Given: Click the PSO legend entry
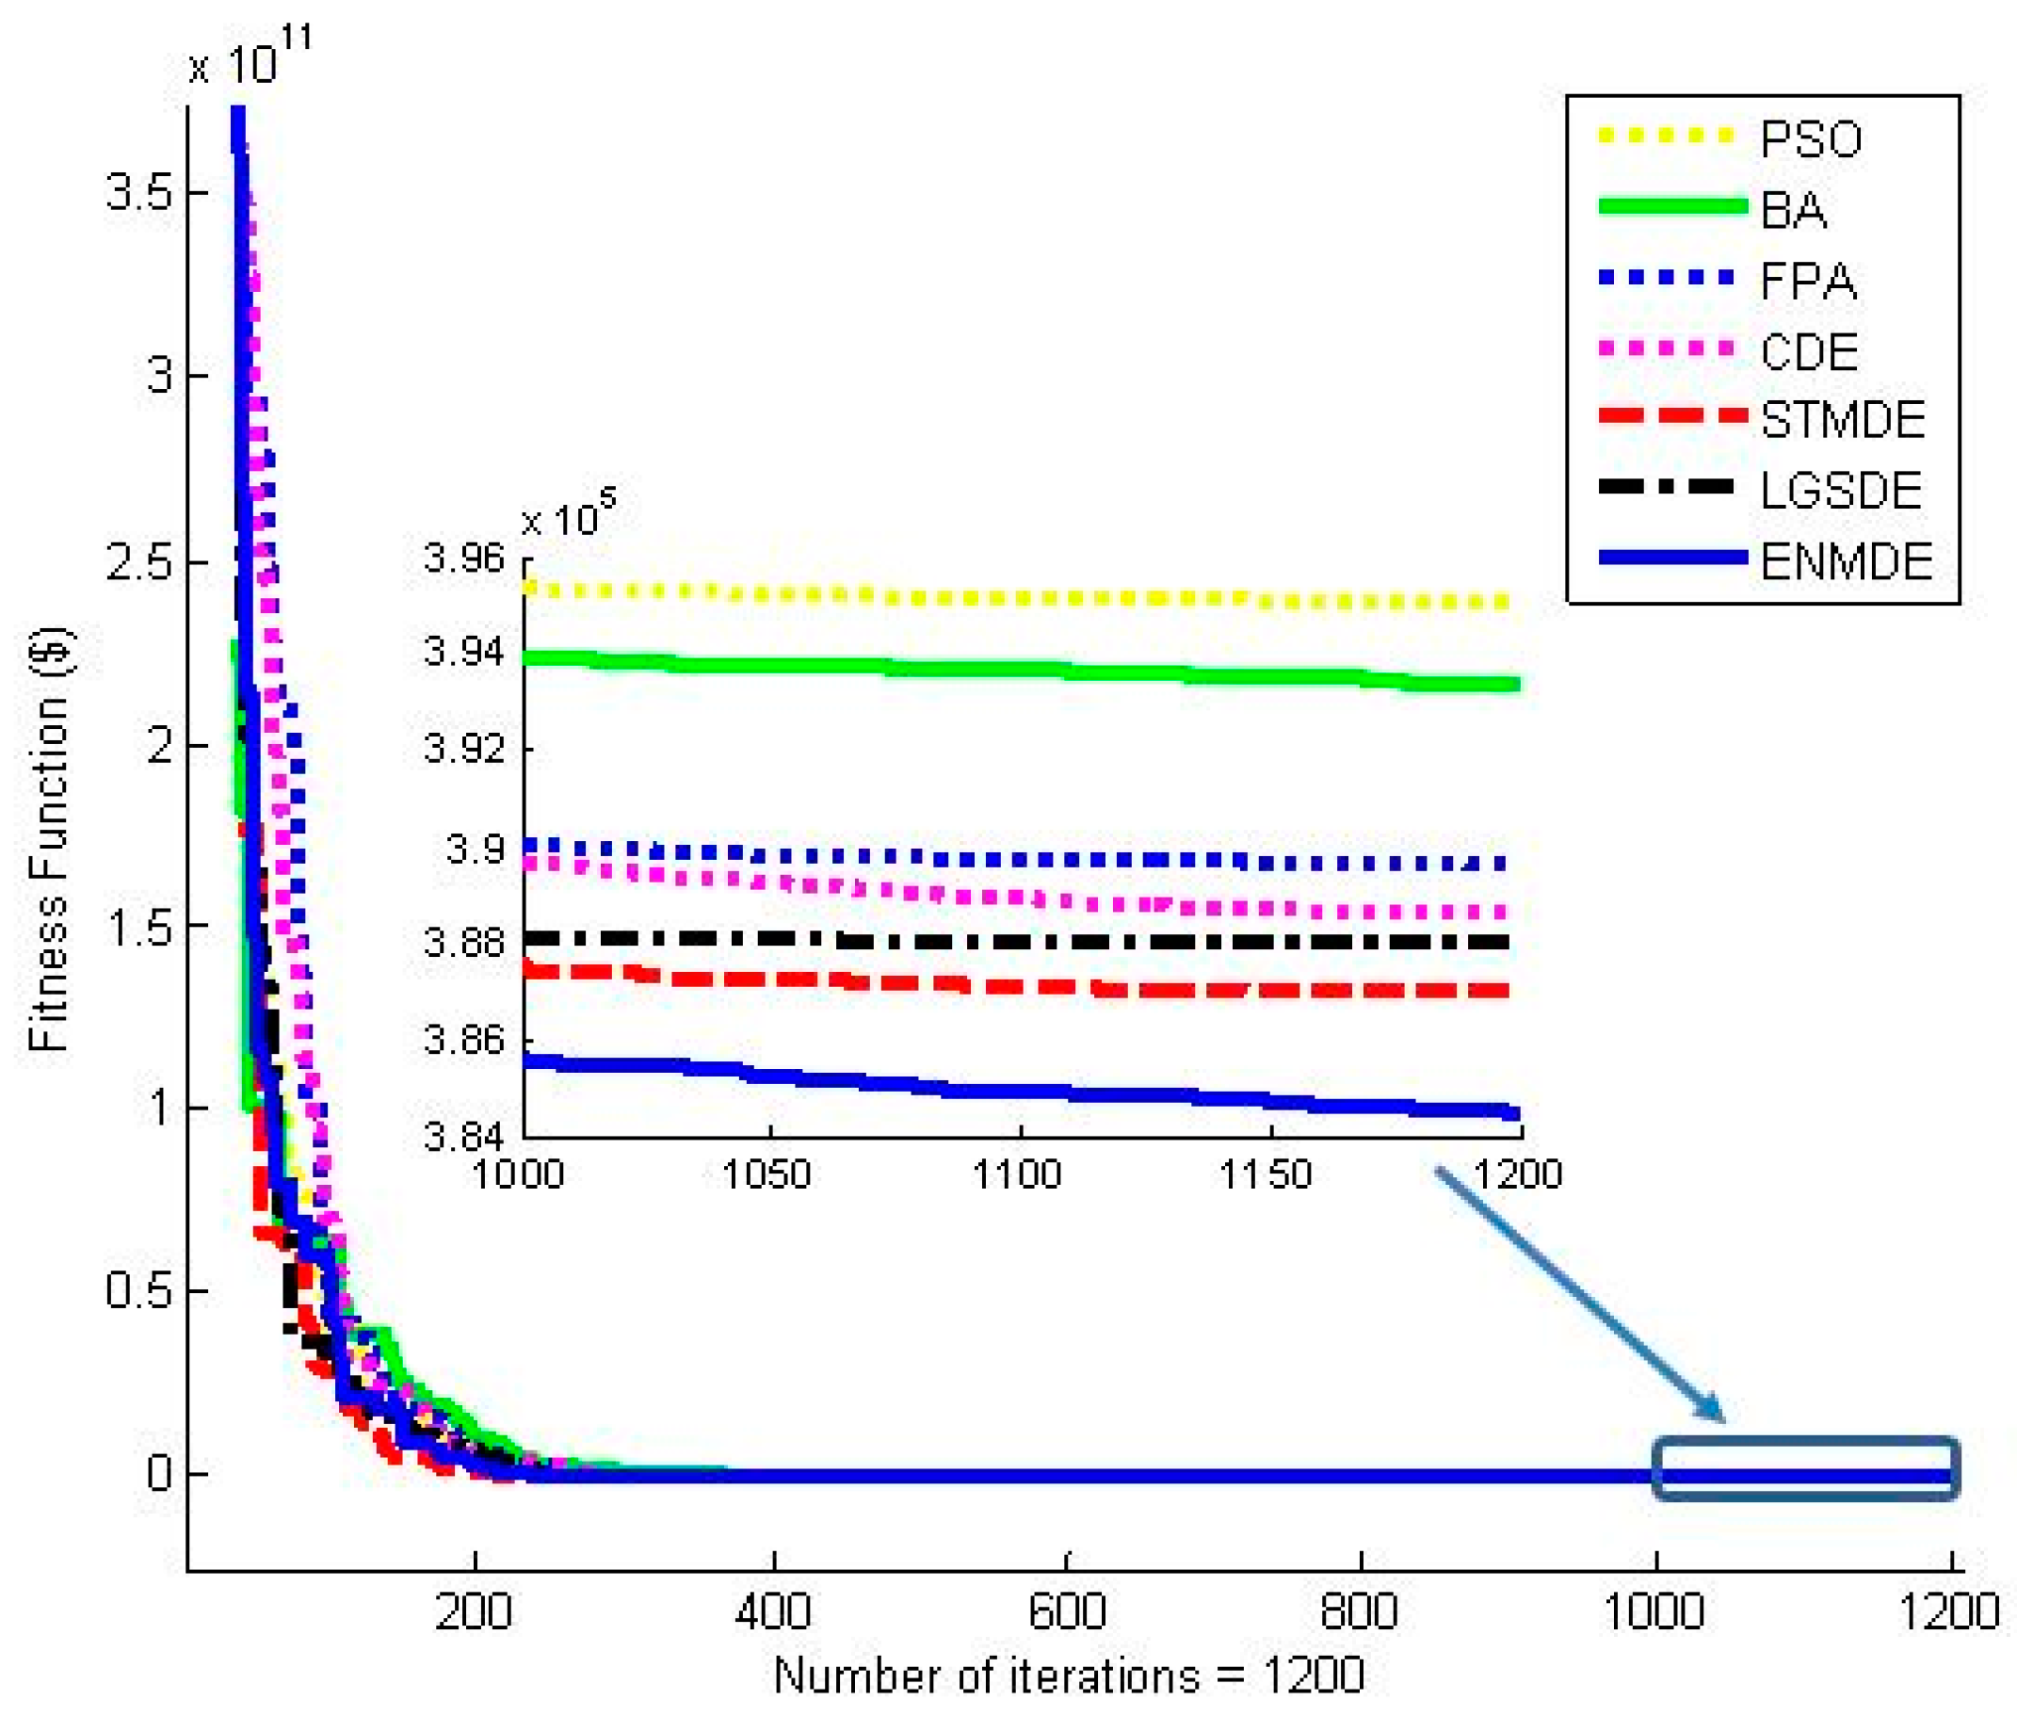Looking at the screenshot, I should [1809, 139].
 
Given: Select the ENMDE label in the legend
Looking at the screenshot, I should [1844, 561].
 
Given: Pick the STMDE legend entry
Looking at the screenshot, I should [1841, 420].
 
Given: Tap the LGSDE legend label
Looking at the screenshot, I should [1839, 490].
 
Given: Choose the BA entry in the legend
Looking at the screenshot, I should [1792, 210].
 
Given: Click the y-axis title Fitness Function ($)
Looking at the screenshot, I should [49, 838].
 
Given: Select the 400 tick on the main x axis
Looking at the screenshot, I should [772, 1611].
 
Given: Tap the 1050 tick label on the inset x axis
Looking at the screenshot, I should [766, 1174].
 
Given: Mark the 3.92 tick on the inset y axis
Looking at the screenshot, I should [464, 749].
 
